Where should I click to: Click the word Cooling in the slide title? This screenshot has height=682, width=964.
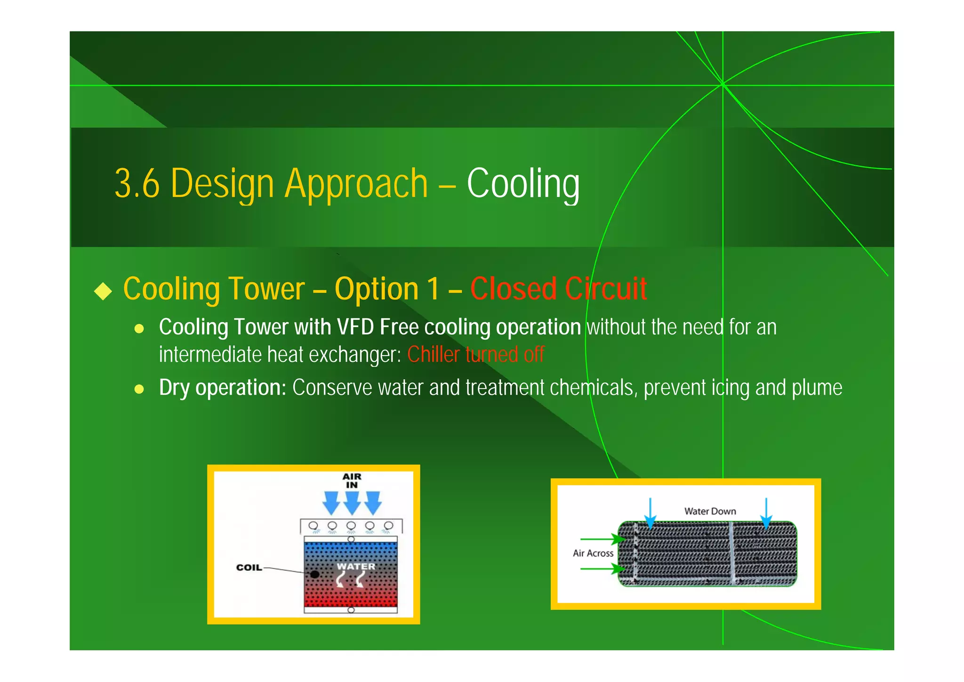click(523, 184)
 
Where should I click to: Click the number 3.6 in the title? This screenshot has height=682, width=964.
click(137, 184)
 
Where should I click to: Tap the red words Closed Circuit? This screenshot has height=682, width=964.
click(558, 289)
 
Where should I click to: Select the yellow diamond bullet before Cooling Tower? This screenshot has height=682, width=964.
click(103, 291)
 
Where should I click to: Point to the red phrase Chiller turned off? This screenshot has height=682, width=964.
click(475, 355)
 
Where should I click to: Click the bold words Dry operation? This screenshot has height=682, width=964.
click(223, 388)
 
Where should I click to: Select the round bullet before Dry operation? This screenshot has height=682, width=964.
click(139, 389)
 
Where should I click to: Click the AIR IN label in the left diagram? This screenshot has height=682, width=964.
click(352, 480)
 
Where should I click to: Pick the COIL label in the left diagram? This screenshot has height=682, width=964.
click(249, 568)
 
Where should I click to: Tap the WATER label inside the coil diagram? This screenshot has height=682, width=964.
click(356, 567)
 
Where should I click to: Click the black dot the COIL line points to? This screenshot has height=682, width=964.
click(315, 574)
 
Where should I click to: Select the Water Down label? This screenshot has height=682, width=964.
click(710, 511)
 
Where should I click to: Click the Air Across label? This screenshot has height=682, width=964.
click(593, 553)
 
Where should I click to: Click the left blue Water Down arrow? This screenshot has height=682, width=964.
click(650, 513)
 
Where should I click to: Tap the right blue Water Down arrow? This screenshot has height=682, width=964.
click(766, 513)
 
